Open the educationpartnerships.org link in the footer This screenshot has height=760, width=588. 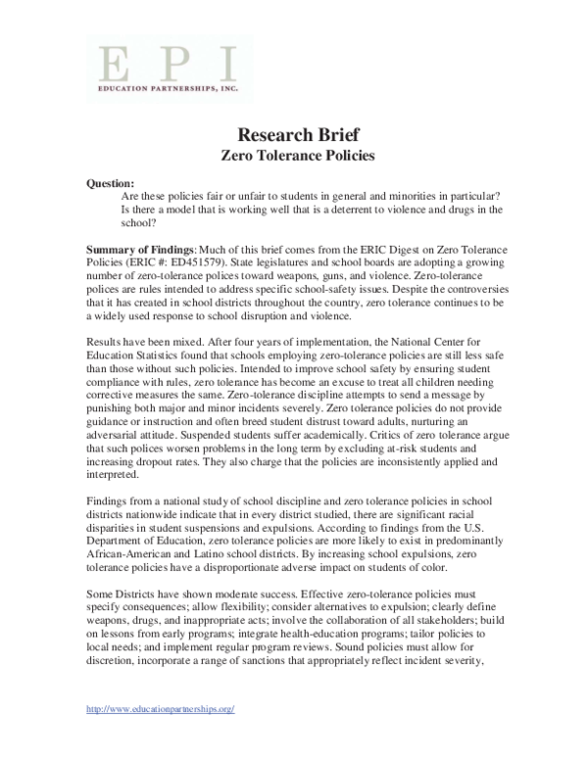(x=160, y=736)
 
